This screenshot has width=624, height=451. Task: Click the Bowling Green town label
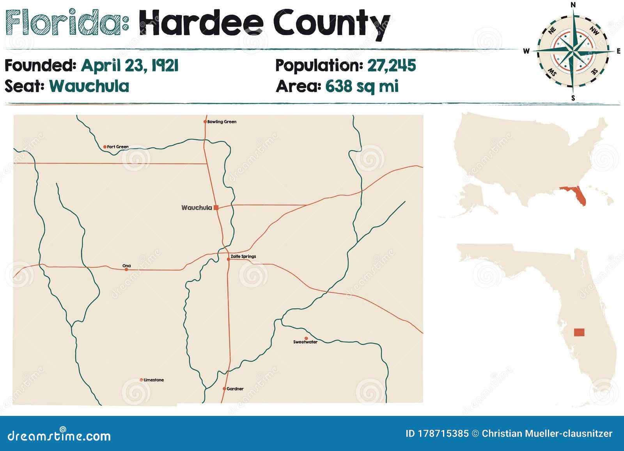pyautogui.click(x=222, y=122)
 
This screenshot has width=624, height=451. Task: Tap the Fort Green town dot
pyautogui.click(x=105, y=147)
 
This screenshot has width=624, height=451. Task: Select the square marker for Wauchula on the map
pyautogui.click(x=216, y=208)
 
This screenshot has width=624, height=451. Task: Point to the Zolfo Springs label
pyautogui.click(x=243, y=256)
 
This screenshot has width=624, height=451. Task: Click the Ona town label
pyautogui.click(x=127, y=266)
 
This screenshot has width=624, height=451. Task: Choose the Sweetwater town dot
pyautogui.click(x=306, y=338)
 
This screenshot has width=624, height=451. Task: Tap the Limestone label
pyautogui.click(x=154, y=380)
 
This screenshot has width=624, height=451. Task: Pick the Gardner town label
pyautogui.click(x=235, y=389)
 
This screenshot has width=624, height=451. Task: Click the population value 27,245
pyautogui.click(x=392, y=65)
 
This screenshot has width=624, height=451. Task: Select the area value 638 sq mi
pyautogui.click(x=362, y=86)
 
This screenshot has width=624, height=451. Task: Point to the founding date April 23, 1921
pyautogui.click(x=130, y=65)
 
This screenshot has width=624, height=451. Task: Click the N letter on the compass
pyautogui.click(x=573, y=5)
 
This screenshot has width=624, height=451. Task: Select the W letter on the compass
pyautogui.click(x=526, y=51)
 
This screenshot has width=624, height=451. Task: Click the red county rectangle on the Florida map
pyautogui.click(x=579, y=332)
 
